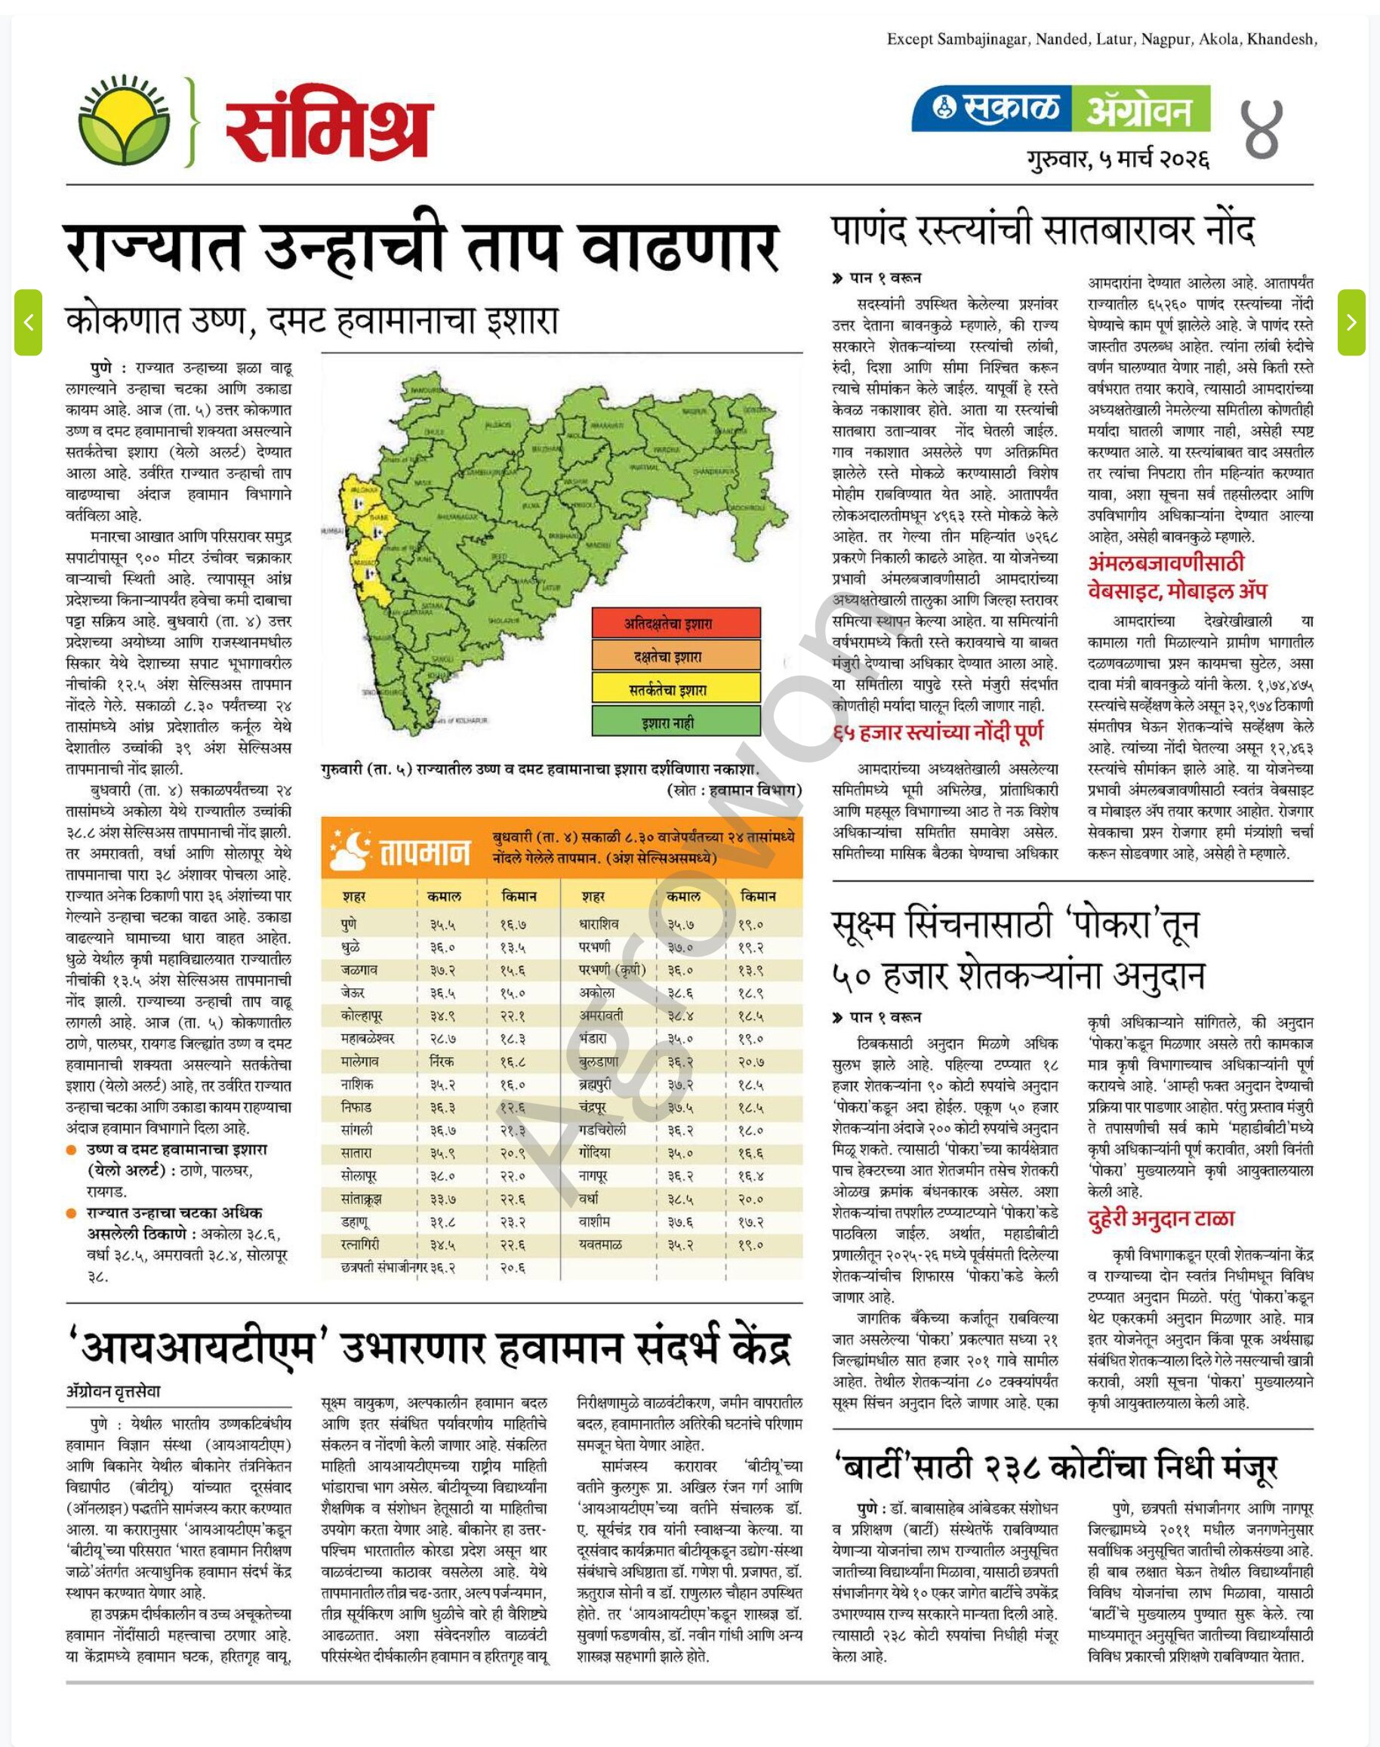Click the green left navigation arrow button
(28, 322)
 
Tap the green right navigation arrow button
(1351, 322)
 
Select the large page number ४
(1261, 129)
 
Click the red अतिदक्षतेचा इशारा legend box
(676, 623)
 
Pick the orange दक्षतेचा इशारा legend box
(676, 656)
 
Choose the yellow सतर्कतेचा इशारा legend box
(676, 689)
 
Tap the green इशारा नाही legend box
(676, 723)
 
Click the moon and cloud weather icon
(349, 847)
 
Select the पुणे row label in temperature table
(349, 923)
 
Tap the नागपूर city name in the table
(593, 1175)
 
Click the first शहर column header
(354, 896)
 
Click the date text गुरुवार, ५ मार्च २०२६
(1118, 159)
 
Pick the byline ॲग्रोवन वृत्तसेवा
(113, 1391)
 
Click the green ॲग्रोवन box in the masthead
(1141, 109)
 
